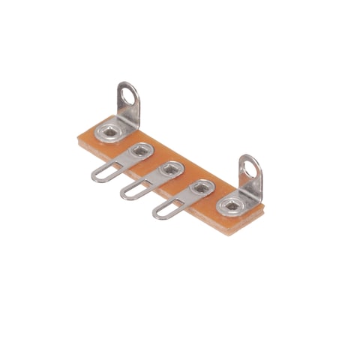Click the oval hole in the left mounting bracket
130,96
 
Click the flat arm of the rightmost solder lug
182,199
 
